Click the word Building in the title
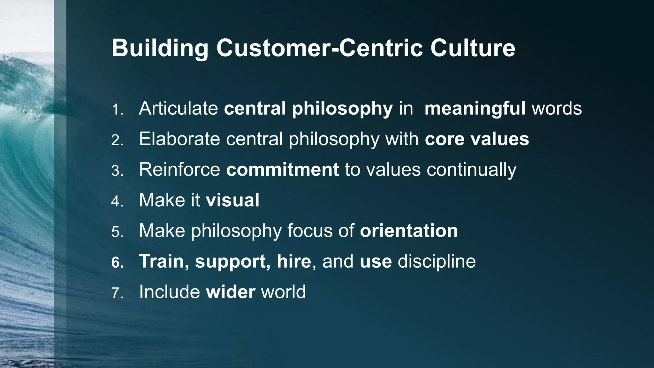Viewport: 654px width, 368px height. [x=160, y=49]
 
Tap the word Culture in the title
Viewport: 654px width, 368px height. [x=472, y=49]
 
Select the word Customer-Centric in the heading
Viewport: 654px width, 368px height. [x=323, y=49]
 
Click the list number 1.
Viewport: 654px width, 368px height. [x=117, y=110]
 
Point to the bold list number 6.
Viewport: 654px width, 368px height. [x=118, y=263]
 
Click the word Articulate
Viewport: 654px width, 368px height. [x=178, y=108]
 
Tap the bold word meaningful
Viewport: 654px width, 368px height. [x=475, y=109]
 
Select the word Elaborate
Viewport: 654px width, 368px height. [x=179, y=139]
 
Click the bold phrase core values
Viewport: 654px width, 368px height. [x=477, y=139]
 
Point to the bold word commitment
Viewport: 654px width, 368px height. [x=282, y=169]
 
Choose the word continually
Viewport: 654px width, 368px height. [x=471, y=170]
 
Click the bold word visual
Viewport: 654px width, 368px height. [x=232, y=200]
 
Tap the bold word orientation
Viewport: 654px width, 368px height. [x=409, y=231]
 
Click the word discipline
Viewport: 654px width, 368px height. [x=437, y=261]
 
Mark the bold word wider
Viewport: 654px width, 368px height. [x=231, y=292]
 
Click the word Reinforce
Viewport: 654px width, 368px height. [x=179, y=169]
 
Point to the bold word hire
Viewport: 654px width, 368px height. [x=294, y=261]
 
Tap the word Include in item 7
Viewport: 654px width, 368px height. [x=170, y=292]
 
